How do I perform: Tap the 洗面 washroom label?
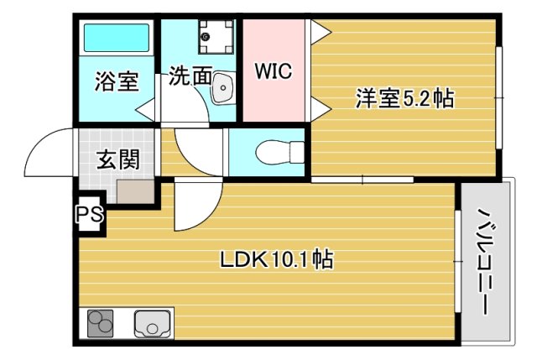click(x=190, y=76)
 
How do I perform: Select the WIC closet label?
click(x=273, y=71)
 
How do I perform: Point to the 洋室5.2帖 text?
click(x=404, y=99)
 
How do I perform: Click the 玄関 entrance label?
click(x=117, y=158)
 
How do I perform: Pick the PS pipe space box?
click(x=90, y=214)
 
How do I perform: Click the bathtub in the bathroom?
click(x=116, y=38)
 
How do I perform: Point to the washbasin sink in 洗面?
click(x=222, y=86)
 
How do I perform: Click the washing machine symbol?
click(x=207, y=36)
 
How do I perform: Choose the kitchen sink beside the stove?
click(x=151, y=323)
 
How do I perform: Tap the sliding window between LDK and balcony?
click(x=458, y=262)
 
